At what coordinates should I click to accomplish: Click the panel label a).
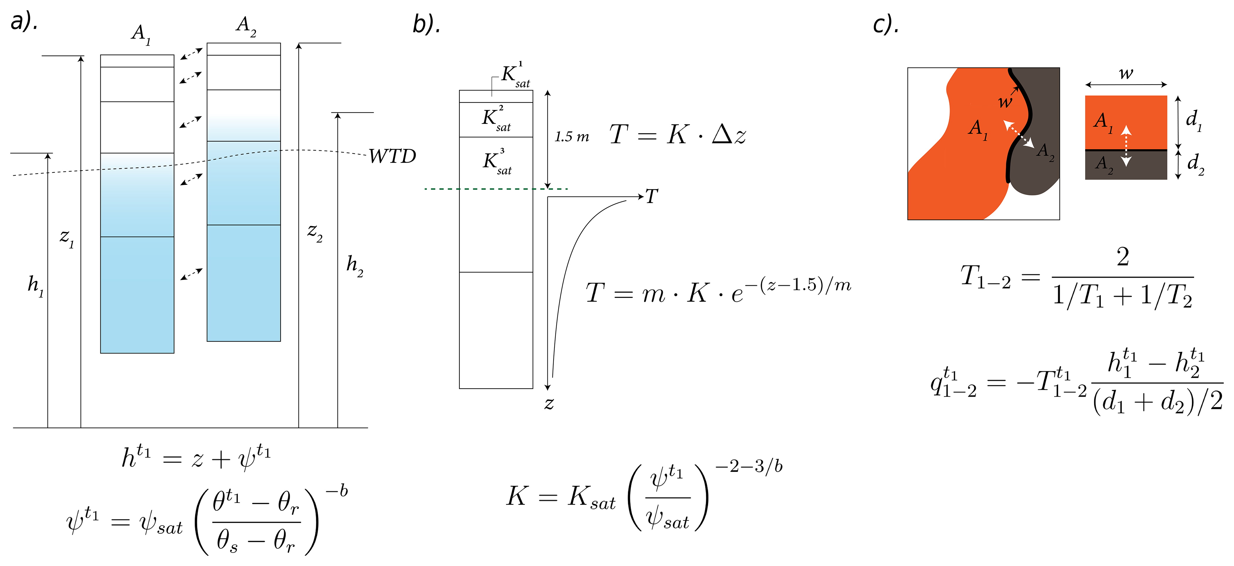[x=24, y=21]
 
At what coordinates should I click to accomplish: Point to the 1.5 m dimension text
[x=572, y=137]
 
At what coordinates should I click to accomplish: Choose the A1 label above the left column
[x=141, y=34]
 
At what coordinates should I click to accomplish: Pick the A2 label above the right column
[x=246, y=25]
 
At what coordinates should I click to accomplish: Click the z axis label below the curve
[x=549, y=403]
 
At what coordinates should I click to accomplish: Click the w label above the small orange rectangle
[x=1126, y=73]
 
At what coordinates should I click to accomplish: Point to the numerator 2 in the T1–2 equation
[x=1123, y=257]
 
